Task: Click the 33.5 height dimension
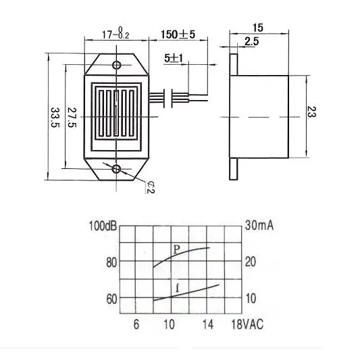coord(55,118)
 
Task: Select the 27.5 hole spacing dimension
coord(72,117)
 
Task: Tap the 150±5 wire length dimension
coord(178,34)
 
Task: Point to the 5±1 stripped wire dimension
coord(174,58)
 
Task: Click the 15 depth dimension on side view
coord(258,28)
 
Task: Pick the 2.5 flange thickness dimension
coord(251,42)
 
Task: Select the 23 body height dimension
coord(311,112)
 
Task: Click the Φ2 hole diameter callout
coord(151,187)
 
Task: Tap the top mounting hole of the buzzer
coord(117,65)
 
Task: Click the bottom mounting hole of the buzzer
coord(116,169)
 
